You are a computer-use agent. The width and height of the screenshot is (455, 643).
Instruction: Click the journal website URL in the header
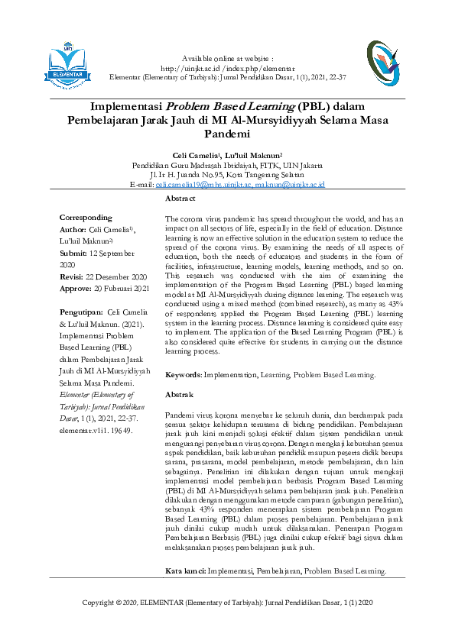click(x=228, y=68)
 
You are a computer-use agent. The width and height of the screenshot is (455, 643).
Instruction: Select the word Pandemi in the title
click(x=229, y=132)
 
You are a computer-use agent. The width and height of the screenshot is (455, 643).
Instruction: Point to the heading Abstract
click(x=180, y=199)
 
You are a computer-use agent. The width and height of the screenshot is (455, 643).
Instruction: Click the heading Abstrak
click(x=179, y=394)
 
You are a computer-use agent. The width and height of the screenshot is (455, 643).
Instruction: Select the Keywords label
click(x=183, y=375)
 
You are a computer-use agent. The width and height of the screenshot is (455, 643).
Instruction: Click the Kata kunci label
click(x=185, y=571)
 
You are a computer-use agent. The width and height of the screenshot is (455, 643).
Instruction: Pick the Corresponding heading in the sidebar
click(x=86, y=218)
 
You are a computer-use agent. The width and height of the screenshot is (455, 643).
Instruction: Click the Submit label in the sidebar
click(x=73, y=253)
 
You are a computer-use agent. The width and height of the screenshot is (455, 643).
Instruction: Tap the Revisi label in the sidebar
click(x=72, y=276)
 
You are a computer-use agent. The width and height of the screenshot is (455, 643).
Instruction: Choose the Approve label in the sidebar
click(x=76, y=289)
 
